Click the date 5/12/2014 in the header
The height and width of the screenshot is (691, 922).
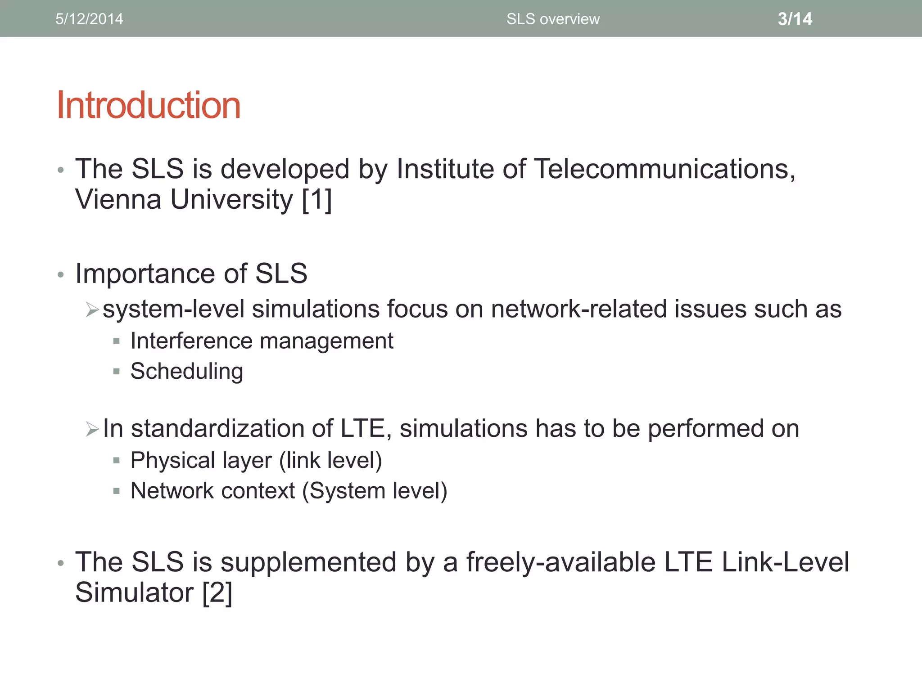[x=89, y=19]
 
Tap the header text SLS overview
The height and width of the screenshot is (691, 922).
[x=553, y=19]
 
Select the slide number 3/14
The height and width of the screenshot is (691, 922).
[x=795, y=19]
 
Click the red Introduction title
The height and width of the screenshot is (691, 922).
[x=149, y=105]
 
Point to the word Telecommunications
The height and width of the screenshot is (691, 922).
[x=664, y=169]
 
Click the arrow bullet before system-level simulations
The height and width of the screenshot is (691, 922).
[x=92, y=310]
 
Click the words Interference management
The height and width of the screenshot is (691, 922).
[x=262, y=341]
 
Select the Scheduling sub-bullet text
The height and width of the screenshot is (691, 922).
[x=187, y=372]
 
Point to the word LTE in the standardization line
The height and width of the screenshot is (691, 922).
[x=363, y=428]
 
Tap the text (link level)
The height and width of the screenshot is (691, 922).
[x=330, y=460]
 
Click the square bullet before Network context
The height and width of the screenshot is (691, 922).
[x=117, y=491]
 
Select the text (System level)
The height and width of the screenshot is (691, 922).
[x=375, y=491]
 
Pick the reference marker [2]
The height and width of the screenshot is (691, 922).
[x=217, y=592]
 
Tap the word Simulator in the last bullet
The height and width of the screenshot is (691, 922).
[x=134, y=592]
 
